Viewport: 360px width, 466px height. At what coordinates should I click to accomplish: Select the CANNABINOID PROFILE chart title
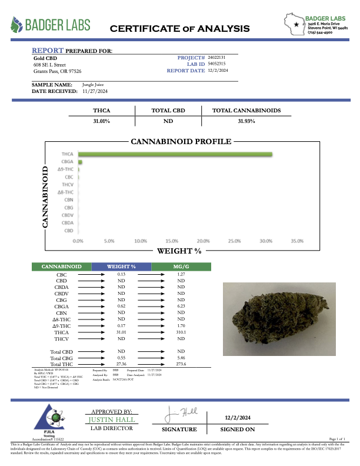tap(181, 142)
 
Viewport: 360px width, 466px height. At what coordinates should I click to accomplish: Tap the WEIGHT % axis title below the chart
tap(179, 251)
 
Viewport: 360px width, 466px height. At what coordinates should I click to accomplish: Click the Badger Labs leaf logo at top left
tap(19, 25)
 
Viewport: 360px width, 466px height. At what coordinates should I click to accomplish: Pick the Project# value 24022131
tap(216, 57)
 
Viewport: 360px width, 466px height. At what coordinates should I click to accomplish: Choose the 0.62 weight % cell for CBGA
tap(121, 307)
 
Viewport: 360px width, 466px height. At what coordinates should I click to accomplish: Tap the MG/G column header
tap(181, 267)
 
